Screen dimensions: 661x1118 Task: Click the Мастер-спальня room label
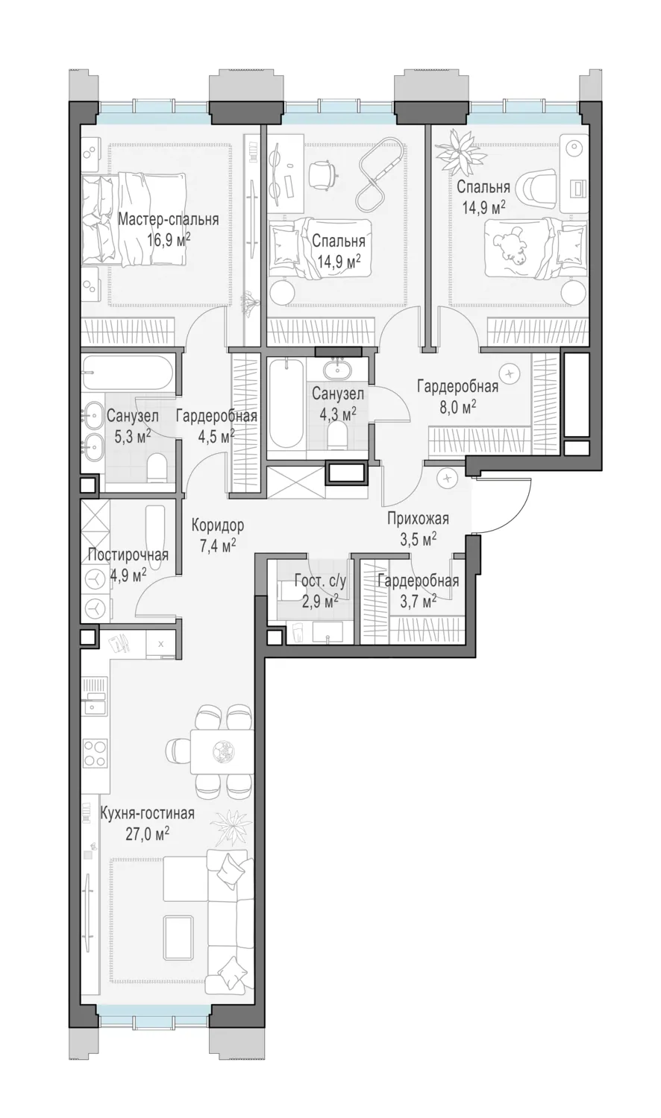[169, 220]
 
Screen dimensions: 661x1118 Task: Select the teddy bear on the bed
[510, 247]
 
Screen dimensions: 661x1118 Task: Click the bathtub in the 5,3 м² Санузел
[128, 373]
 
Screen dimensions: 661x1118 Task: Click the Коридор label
[218, 525]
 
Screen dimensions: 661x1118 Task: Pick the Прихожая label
[419, 519]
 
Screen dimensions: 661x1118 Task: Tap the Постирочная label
[128, 555]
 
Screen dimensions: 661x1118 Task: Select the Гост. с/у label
[320, 581]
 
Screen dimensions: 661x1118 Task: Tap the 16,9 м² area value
[169, 241]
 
